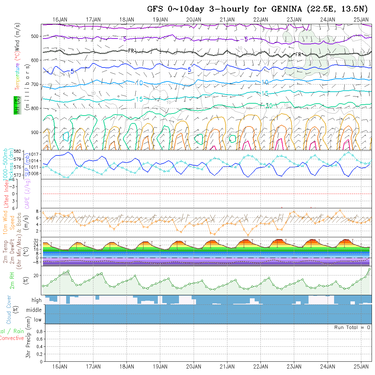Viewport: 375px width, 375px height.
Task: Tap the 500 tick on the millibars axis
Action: click(36, 36)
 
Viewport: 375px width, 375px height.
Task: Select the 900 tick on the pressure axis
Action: click(36, 132)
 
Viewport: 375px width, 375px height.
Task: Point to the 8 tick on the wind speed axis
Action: click(37, 211)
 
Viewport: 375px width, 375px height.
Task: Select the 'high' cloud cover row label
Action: click(36, 300)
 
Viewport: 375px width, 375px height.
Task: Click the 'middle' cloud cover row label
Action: click(34, 310)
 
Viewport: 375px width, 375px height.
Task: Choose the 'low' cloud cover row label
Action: click(37, 320)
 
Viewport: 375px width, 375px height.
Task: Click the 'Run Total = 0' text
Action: click(352, 327)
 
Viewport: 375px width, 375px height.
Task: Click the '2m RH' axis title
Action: click(12, 281)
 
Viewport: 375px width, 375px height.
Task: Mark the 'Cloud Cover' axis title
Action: click(9, 310)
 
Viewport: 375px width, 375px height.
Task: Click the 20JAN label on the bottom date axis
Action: click(194, 367)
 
